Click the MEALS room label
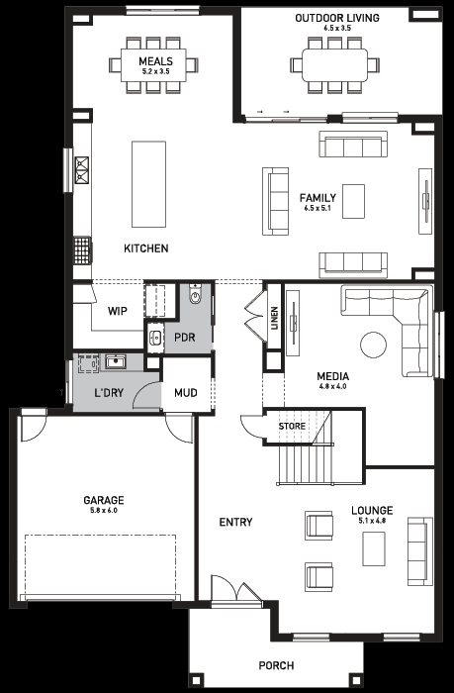click(x=155, y=61)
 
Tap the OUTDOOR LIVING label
click(x=337, y=18)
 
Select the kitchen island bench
click(x=148, y=184)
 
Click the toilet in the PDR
click(x=195, y=295)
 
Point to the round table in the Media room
click(x=373, y=345)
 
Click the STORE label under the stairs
click(x=292, y=426)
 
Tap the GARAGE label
click(x=104, y=500)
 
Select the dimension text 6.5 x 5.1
click(x=318, y=208)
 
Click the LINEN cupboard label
click(x=275, y=318)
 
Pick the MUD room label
click(x=186, y=392)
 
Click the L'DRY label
click(x=109, y=392)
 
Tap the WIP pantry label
click(x=118, y=311)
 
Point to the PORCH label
click(x=277, y=665)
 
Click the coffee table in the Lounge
click(x=374, y=548)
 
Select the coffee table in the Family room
click(x=354, y=201)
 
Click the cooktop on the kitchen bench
click(x=82, y=170)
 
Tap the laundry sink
click(x=116, y=362)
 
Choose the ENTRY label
click(x=235, y=522)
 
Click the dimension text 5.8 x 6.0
click(x=104, y=511)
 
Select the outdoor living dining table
click(x=334, y=64)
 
